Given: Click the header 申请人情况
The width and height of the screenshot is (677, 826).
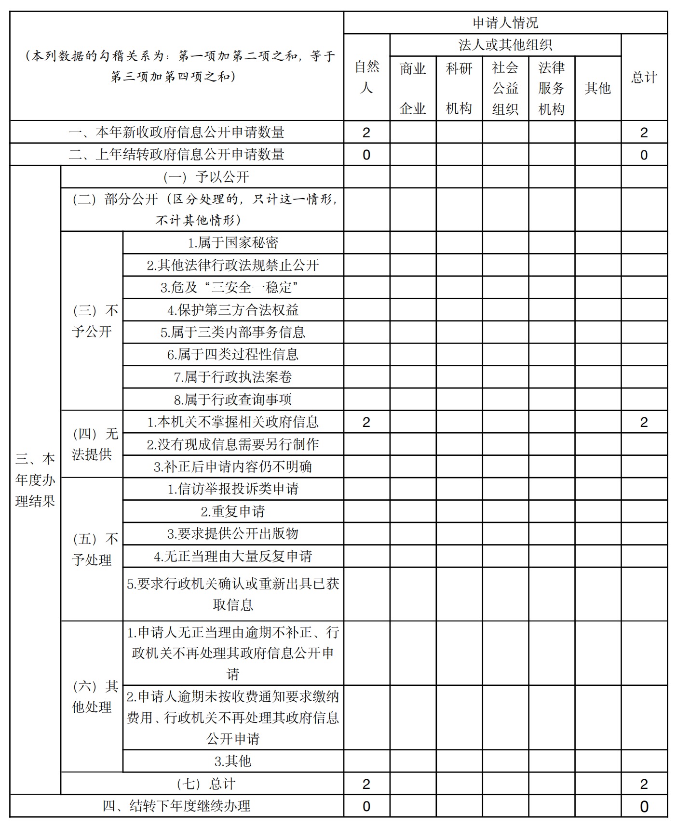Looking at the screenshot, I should click(x=505, y=23).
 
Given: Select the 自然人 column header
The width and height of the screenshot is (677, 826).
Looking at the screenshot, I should click(x=366, y=77).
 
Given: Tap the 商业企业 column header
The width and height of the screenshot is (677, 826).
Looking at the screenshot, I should click(x=413, y=88).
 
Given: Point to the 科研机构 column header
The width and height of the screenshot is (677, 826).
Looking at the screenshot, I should click(x=459, y=88).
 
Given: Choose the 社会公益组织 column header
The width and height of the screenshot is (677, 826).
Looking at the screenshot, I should click(x=505, y=88).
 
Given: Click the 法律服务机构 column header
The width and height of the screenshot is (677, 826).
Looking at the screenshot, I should click(x=551, y=88).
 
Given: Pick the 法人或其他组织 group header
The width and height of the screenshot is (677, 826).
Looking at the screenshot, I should click(x=505, y=45).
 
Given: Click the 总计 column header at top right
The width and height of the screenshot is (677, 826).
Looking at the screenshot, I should click(x=644, y=77).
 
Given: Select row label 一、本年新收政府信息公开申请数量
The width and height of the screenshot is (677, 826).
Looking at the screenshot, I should click(x=176, y=132).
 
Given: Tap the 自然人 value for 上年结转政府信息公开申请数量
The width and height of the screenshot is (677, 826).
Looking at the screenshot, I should click(x=366, y=155).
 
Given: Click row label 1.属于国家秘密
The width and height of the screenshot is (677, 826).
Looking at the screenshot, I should click(x=233, y=242).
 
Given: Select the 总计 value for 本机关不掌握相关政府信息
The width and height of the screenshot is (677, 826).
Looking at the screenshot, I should click(x=644, y=422).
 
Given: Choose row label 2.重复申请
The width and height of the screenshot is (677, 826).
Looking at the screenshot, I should click(x=233, y=511).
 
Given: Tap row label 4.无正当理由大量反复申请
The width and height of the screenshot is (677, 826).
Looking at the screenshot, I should click(x=233, y=556).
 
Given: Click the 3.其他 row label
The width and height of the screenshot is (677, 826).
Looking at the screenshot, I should click(x=233, y=761).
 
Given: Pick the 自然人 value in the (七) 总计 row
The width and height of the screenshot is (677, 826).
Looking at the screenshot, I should click(x=366, y=784).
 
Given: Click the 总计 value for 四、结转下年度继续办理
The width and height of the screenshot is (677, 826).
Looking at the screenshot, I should click(x=644, y=806).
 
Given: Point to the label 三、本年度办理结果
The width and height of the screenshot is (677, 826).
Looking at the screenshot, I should click(x=35, y=480).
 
